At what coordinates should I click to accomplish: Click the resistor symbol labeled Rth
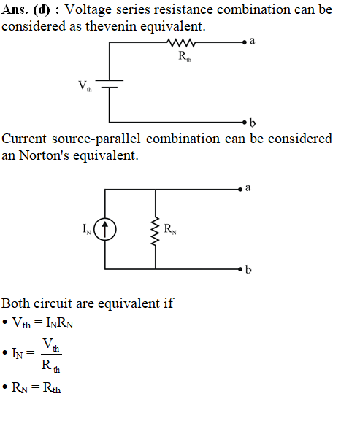pos(181,42)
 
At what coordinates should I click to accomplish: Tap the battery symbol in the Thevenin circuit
pos(110,84)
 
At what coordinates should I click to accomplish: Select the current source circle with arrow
pos(105,229)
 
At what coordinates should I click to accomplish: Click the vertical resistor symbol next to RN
pos(156,231)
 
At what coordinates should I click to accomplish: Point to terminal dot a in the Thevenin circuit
pos(245,42)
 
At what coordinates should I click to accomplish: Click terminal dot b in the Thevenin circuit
pos(245,123)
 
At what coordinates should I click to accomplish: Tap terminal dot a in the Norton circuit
pos(240,190)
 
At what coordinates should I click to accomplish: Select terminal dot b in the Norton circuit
pos(240,269)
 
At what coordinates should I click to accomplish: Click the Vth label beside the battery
pos(85,86)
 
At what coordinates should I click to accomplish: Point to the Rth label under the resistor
pos(185,56)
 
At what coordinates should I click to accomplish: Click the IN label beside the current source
pos(87,229)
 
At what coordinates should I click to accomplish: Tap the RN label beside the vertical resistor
pos(170,229)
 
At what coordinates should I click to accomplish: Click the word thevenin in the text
pos(111,26)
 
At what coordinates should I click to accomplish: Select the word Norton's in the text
pos(44,155)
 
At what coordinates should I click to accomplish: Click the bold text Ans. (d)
pos(26,10)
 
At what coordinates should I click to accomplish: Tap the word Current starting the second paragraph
pos(24,139)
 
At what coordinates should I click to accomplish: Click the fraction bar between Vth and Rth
pos(51,354)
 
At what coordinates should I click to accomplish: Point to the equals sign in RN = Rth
pos(35,387)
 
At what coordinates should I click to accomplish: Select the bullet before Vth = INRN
pos(4,322)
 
